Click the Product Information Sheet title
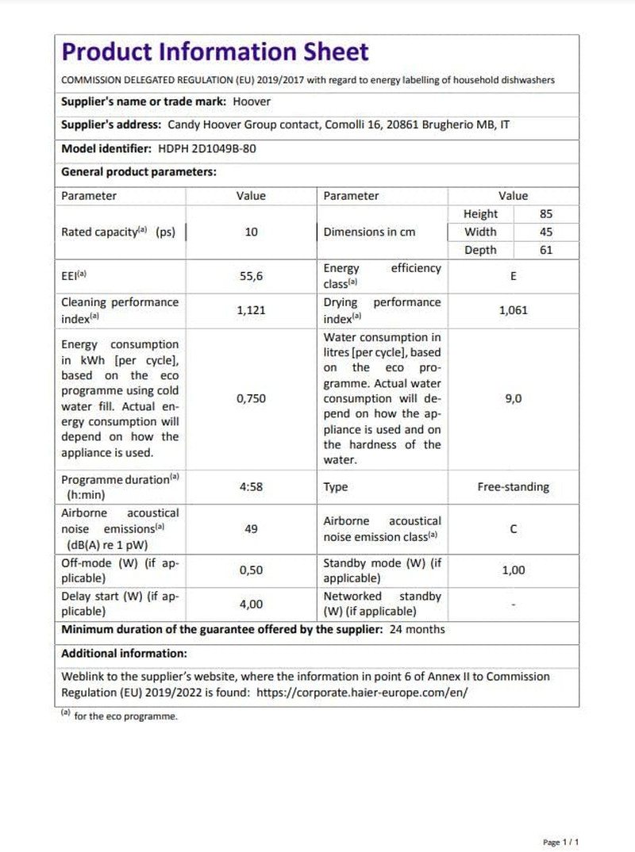pos(215,52)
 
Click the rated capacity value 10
pos(251,232)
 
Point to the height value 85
pos(545,213)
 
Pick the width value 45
pos(545,232)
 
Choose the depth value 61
pos(545,250)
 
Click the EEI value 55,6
pos(251,276)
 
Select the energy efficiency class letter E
pos(513,276)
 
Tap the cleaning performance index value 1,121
pos(251,310)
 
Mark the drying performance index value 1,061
pos(513,310)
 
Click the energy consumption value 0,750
pos(251,399)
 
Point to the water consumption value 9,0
pos(513,399)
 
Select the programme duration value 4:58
pos(251,487)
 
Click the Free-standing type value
pos(513,487)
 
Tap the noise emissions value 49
pos(251,529)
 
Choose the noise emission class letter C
pos(513,529)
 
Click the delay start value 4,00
pos(251,604)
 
